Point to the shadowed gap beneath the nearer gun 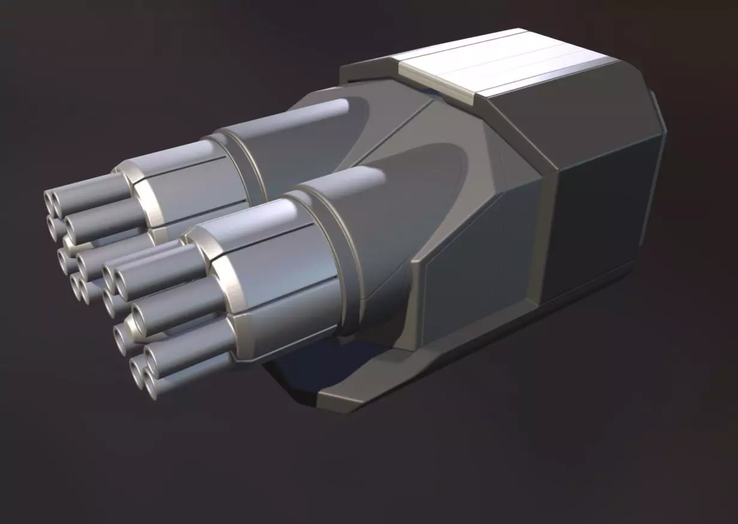click(312, 365)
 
